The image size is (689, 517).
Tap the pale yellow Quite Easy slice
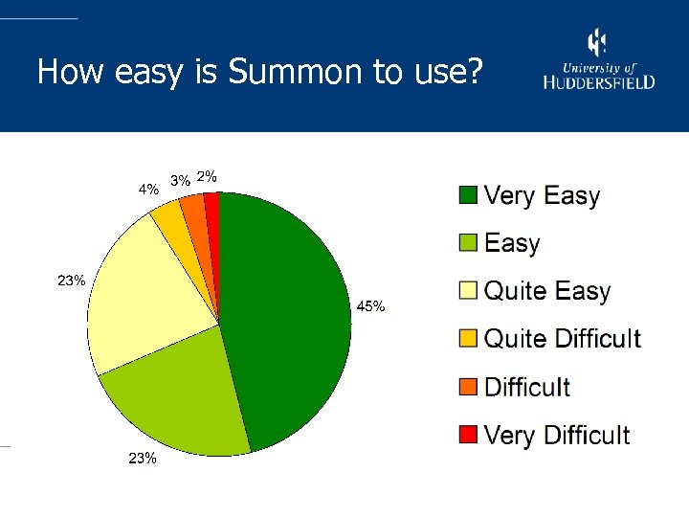(144, 297)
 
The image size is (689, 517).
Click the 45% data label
(370, 307)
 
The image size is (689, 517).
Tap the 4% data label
(148, 190)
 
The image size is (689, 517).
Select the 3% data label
(179, 180)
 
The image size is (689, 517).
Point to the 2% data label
(207, 176)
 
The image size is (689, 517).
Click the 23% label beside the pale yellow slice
(72, 281)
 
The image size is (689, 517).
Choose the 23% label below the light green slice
(143, 459)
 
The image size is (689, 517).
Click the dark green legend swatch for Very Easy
(468, 196)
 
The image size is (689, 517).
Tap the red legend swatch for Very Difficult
(468, 436)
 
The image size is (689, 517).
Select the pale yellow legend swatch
(468, 291)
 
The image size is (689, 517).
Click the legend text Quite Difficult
(563, 339)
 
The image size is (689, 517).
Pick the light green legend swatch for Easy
(468, 243)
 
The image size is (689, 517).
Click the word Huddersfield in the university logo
(600, 82)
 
